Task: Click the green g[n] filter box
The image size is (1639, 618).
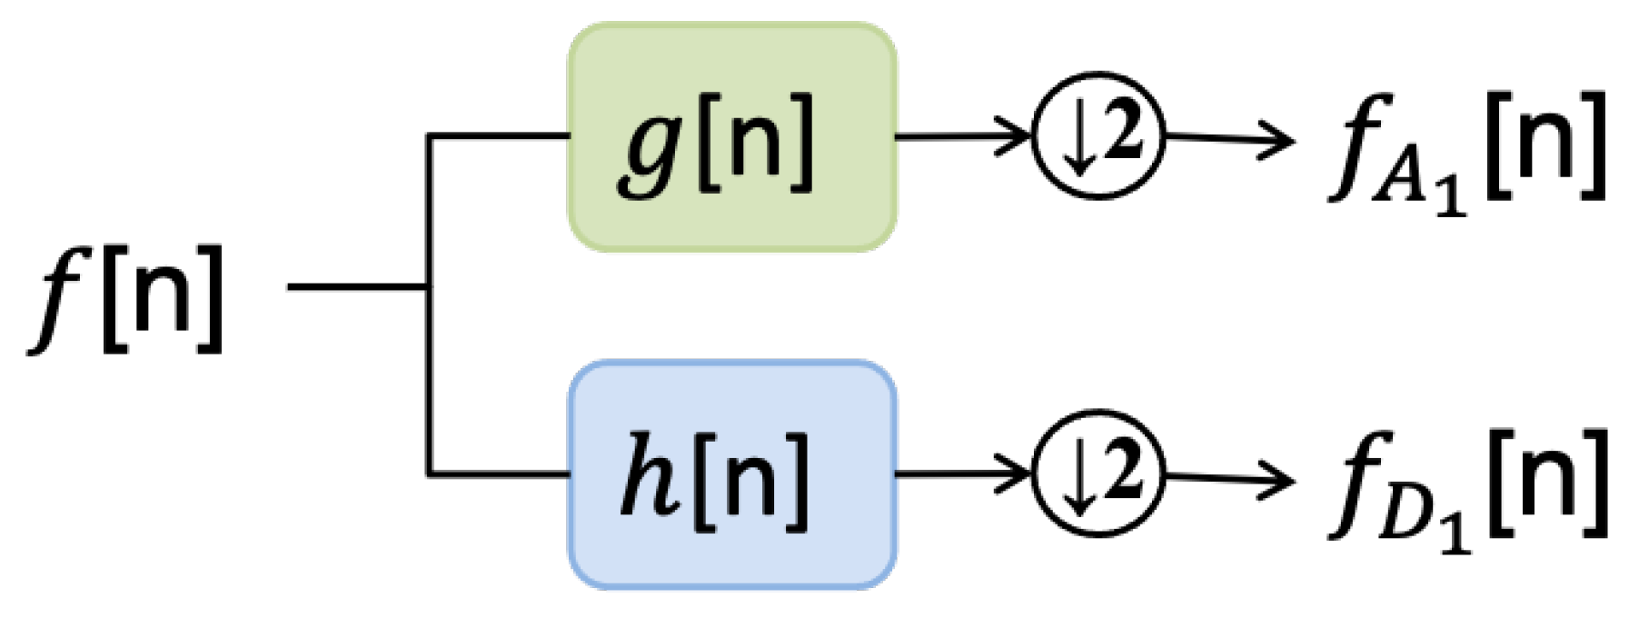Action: point(732,136)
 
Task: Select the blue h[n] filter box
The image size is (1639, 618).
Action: point(732,474)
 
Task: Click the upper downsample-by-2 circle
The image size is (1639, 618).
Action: point(1098,137)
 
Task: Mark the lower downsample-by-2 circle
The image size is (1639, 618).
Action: point(1098,474)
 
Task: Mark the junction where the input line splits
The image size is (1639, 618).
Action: point(429,287)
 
